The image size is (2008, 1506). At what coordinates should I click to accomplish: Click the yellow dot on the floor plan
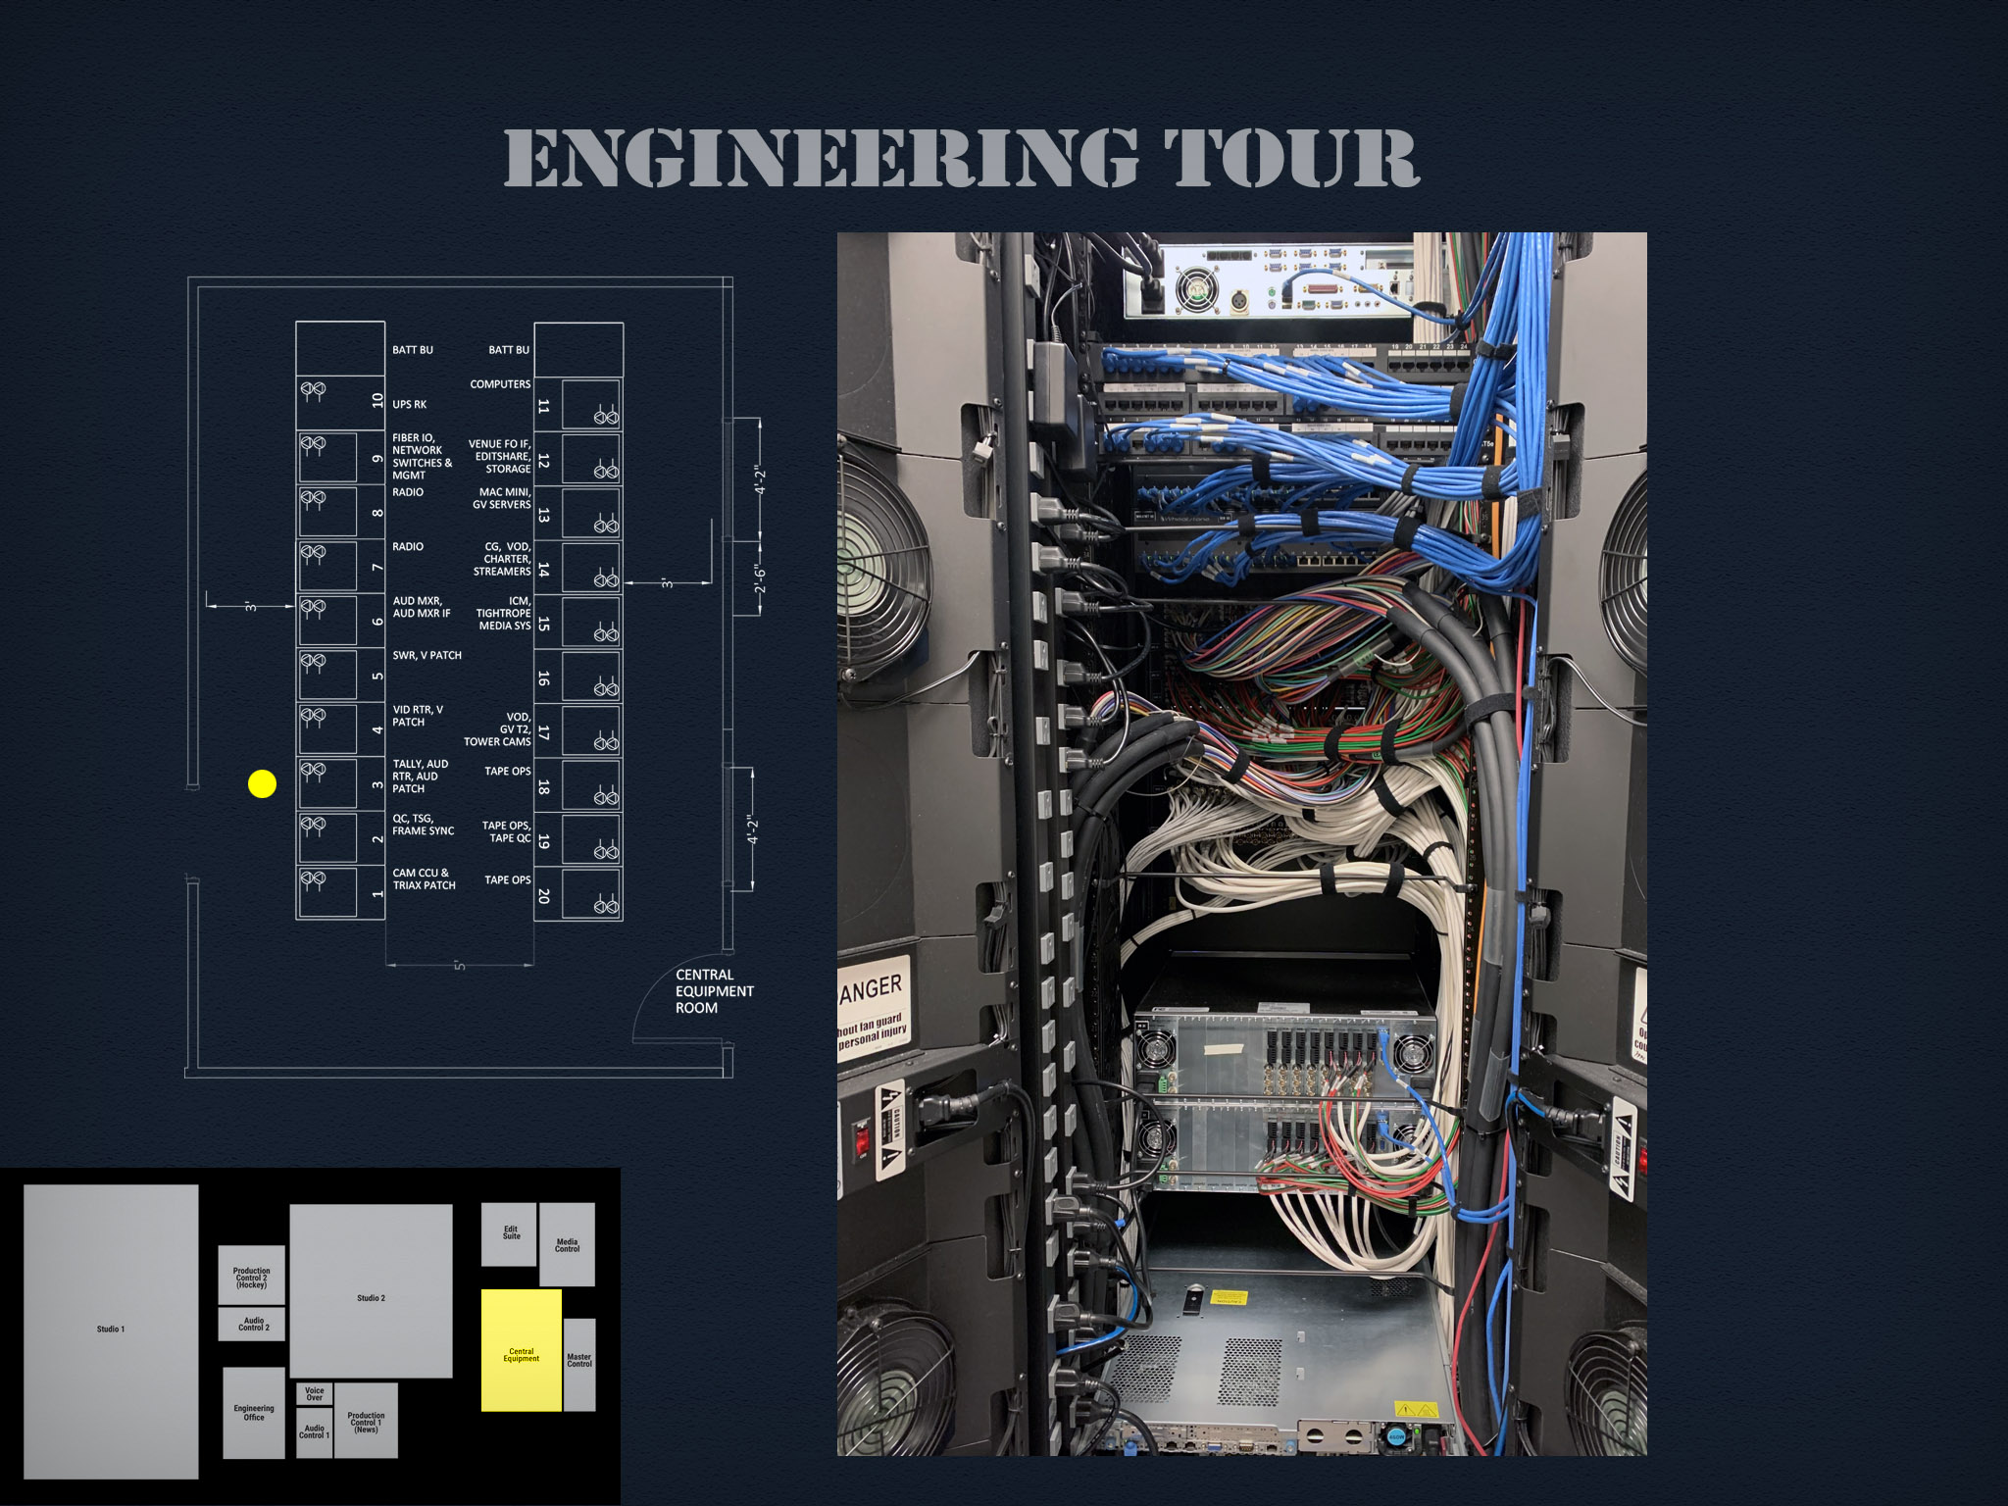point(262,783)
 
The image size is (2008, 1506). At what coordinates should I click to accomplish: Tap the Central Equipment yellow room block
point(521,1350)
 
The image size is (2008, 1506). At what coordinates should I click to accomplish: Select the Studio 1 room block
point(111,1330)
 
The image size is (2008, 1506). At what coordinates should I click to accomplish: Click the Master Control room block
point(579,1364)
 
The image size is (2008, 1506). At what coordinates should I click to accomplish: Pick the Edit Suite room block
point(509,1233)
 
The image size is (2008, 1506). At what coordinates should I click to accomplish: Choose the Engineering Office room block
point(253,1412)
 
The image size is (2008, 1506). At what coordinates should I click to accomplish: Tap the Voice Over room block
point(314,1393)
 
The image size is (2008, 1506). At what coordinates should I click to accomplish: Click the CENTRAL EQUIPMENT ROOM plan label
point(713,991)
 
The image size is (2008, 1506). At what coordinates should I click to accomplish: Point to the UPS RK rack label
point(409,404)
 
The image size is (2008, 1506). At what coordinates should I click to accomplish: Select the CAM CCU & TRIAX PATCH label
point(424,878)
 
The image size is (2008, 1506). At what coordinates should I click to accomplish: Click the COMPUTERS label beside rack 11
point(500,384)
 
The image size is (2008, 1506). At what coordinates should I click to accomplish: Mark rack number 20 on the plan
point(544,895)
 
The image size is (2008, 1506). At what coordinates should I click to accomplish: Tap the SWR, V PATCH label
point(427,655)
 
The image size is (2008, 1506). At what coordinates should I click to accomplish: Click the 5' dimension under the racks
point(459,966)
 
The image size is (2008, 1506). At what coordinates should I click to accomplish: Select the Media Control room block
point(567,1244)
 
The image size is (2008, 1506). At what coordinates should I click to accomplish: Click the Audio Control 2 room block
point(252,1324)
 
